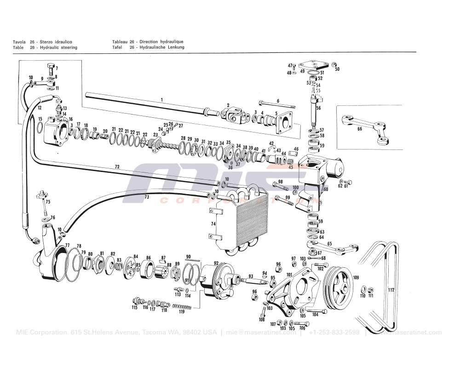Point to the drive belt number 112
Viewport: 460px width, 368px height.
click(391, 290)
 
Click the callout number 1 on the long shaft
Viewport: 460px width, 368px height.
click(161, 99)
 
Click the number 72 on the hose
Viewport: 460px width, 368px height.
click(117, 166)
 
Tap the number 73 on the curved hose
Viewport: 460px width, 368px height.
click(147, 197)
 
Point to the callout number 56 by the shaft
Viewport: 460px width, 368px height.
click(318, 108)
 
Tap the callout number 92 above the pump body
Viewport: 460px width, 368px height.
click(216, 263)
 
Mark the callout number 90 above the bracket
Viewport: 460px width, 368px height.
click(188, 256)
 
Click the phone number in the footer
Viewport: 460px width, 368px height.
click(334, 333)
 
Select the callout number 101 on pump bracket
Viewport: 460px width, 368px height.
click(289, 275)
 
